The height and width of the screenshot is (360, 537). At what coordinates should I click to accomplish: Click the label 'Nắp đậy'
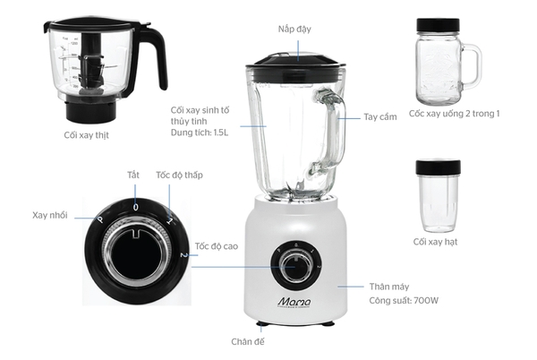coord(294,30)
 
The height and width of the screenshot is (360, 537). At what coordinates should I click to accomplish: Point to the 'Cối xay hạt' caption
coord(438,242)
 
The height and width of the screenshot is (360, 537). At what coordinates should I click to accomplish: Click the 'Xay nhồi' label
coord(50,216)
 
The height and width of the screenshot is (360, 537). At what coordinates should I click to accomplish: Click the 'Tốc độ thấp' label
coord(179,175)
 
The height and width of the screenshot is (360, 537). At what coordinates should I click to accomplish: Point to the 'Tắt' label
coord(133,175)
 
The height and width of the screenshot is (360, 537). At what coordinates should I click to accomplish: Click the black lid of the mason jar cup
coord(438,25)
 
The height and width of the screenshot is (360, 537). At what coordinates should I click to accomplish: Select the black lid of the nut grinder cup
coord(438,167)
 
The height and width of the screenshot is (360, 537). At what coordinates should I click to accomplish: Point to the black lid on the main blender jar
coord(296,60)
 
